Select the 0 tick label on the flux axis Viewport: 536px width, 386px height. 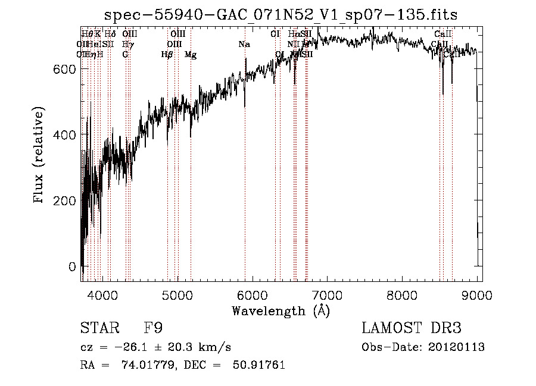coord(72,266)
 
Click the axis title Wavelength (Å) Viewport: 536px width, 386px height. coord(281,310)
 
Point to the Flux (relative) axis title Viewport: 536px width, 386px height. coord(39,156)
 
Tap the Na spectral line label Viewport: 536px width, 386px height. coord(244,44)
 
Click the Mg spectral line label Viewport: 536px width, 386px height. coord(191,55)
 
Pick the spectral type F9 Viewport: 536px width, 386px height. coord(153,328)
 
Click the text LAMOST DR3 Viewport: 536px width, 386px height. coord(412,328)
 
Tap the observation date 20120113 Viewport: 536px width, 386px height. coord(458,347)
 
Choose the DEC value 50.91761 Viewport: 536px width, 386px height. coord(260,365)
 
